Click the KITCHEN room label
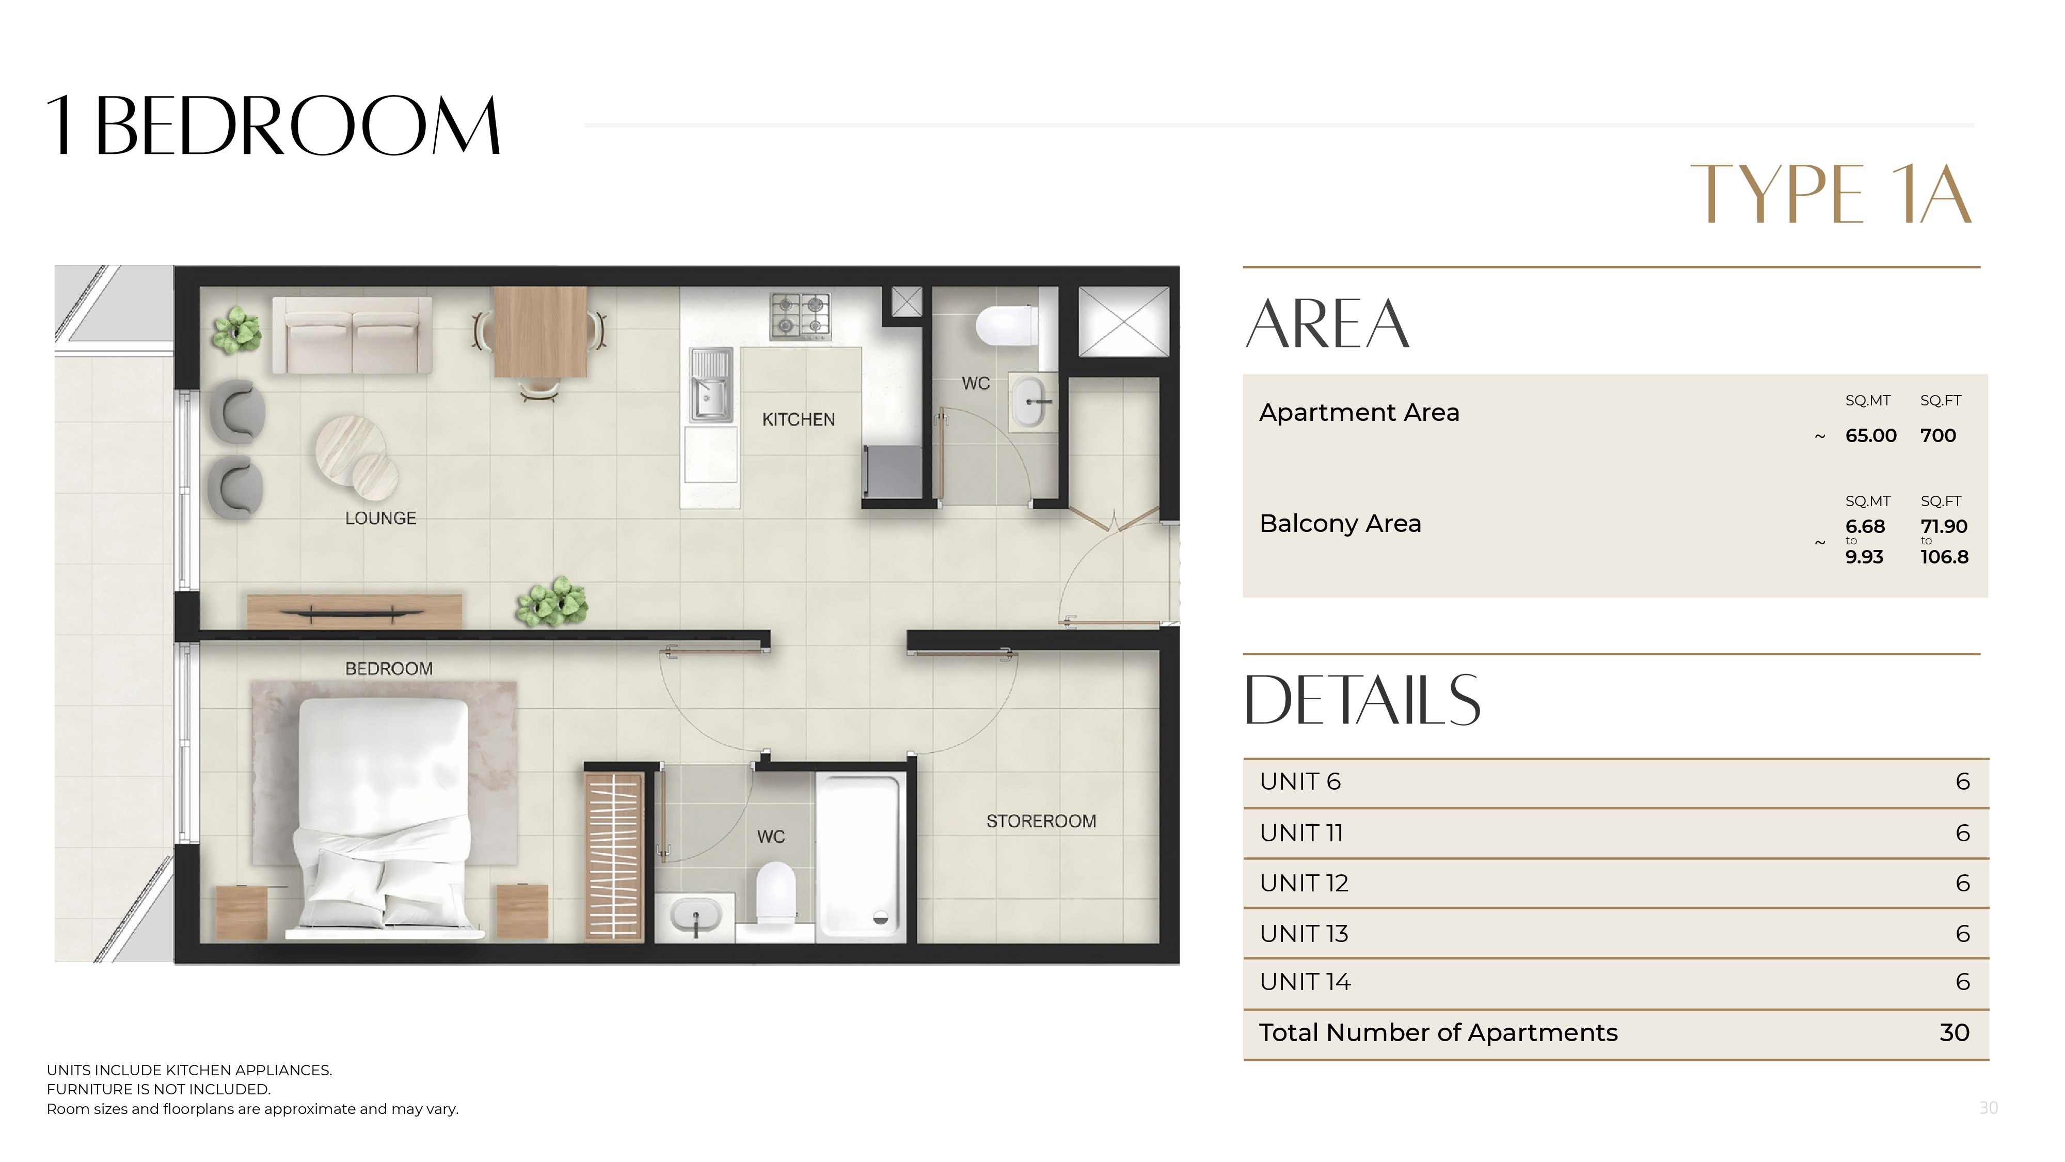point(799,419)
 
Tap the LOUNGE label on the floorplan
point(381,518)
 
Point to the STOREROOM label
point(1041,821)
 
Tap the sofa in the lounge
point(352,335)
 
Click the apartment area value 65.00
point(1871,435)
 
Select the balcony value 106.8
point(1944,557)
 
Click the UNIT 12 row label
point(1304,883)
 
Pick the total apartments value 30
point(1955,1032)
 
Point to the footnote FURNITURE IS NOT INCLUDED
point(158,1089)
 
